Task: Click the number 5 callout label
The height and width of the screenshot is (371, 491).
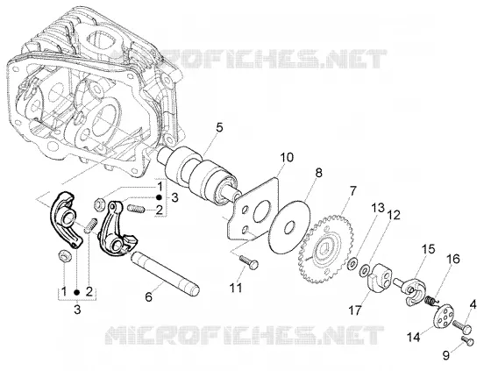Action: tap(219, 128)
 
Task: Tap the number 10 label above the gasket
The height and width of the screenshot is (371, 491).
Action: tap(287, 157)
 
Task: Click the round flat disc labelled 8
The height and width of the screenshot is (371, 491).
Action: tap(289, 226)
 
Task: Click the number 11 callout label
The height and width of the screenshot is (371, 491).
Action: tap(236, 288)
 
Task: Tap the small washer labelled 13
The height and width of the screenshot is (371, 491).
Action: tap(352, 263)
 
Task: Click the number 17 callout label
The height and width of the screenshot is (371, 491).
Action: tap(355, 310)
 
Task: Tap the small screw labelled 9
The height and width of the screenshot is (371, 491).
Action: tap(468, 340)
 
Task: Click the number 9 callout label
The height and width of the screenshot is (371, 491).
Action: tap(446, 355)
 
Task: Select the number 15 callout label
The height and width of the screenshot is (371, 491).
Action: tap(428, 240)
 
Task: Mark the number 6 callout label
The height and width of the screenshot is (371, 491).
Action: tap(148, 296)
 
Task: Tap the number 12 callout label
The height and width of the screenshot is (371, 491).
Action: tap(394, 216)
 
